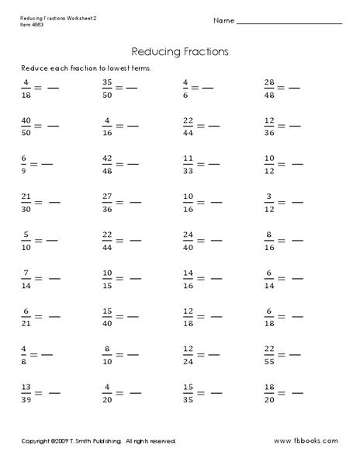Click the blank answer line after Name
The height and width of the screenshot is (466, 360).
289,20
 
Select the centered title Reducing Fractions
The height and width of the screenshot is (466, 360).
180,51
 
